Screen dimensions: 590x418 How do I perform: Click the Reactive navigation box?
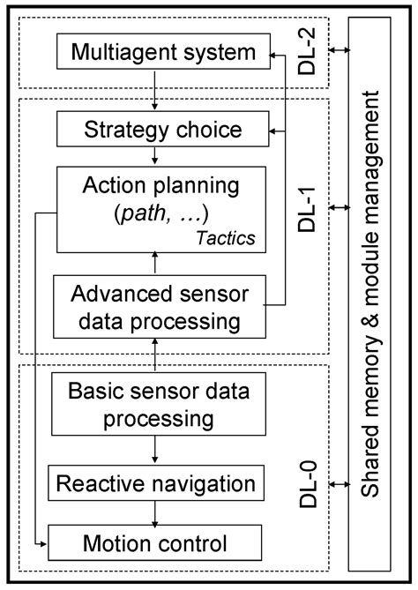(x=156, y=483)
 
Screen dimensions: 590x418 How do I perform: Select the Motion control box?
(x=156, y=540)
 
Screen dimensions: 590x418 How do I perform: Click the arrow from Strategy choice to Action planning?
(x=156, y=156)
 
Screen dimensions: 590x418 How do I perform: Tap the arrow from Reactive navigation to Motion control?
(x=156, y=512)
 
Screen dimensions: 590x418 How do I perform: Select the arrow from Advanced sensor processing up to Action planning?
(x=156, y=263)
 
